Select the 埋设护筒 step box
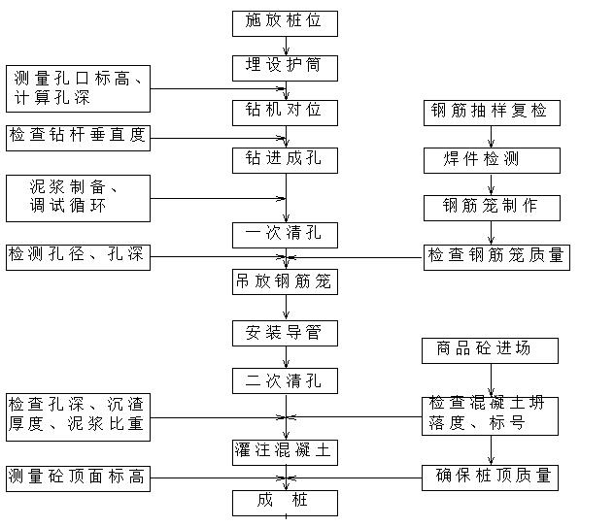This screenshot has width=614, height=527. click(285, 67)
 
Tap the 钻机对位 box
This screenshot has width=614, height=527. click(285, 112)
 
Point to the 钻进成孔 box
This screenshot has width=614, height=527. click(285, 159)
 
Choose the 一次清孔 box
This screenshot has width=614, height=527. click(285, 234)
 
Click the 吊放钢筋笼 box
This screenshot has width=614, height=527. click(285, 282)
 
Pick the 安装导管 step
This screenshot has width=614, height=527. click(285, 334)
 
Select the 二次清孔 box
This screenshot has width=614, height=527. click(285, 380)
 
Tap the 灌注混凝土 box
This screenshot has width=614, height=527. click(285, 451)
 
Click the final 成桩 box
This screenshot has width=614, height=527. click(285, 502)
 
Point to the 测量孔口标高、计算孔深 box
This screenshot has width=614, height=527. click(79, 89)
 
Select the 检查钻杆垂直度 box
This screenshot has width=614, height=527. click(79, 136)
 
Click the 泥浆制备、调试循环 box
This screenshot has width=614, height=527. click(79, 198)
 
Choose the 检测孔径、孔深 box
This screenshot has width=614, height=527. click(79, 256)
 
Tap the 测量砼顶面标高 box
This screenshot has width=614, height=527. click(79, 478)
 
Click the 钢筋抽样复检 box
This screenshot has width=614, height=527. click(491, 112)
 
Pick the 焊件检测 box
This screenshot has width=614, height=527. click(491, 159)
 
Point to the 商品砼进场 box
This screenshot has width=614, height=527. click(490, 349)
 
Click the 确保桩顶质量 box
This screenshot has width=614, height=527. click(490, 477)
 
